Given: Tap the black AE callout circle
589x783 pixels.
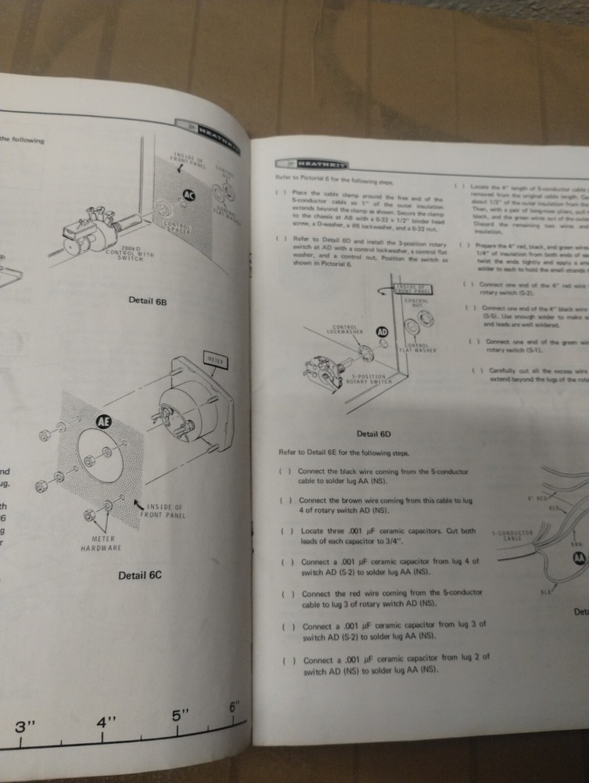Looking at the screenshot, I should click(x=103, y=422).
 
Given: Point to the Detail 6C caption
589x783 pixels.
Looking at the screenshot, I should click(x=139, y=576).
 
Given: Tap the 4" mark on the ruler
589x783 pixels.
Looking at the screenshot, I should click(x=106, y=721).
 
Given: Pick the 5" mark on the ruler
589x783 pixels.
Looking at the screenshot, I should click(x=181, y=715).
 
